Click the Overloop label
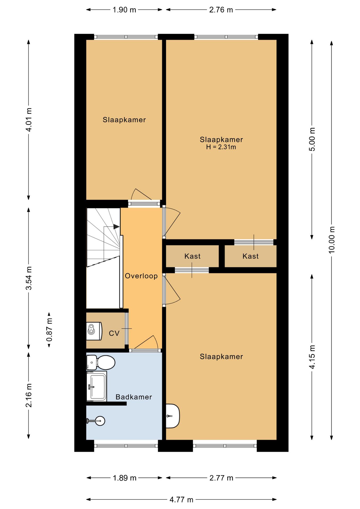point(141,276)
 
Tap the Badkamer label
point(134,397)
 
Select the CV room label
point(114,333)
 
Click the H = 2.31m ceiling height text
point(221,147)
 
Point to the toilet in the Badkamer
point(101,362)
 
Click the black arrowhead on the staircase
point(116,227)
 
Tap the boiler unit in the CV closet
point(94,331)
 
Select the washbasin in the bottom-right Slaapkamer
point(173,416)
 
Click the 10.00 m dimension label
point(332,240)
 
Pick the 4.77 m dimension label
point(181,500)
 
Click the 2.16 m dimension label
point(29,395)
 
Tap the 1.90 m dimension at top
point(124,10)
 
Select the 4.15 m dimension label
point(312,357)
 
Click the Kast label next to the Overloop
point(192,256)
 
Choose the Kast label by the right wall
point(251,256)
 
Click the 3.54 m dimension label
point(29,278)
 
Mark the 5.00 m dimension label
point(312,139)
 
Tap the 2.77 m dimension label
point(221,478)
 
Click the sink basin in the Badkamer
point(97,387)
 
